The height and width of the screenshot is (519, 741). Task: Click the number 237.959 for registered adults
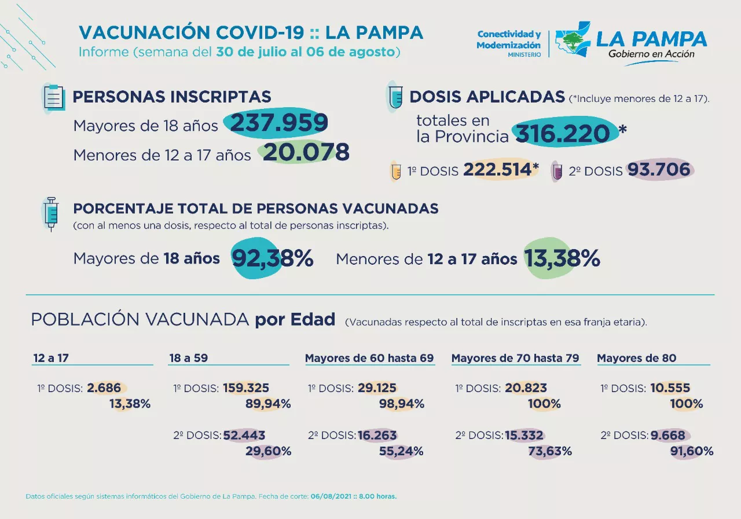[280, 123]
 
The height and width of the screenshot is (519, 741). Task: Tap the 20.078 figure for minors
[306, 152]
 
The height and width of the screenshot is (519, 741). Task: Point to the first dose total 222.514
[497, 169]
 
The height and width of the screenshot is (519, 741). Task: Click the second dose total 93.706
[658, 169]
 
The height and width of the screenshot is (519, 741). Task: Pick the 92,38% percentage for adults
[273, 259]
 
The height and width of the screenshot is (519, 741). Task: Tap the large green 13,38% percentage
[562, 258]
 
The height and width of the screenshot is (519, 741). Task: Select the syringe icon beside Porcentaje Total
[51, 213]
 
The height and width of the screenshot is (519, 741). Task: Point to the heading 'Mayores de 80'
[636, 358]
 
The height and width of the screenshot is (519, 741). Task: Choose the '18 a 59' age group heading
[188, 358]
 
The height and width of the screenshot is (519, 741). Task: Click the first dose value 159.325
[244, 388]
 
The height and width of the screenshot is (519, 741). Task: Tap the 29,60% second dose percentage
[268, 451]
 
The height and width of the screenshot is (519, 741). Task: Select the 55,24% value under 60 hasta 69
[401, 451]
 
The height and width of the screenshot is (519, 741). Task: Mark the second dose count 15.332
[524, 435]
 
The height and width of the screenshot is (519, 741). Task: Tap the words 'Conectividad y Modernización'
[509, 39]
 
